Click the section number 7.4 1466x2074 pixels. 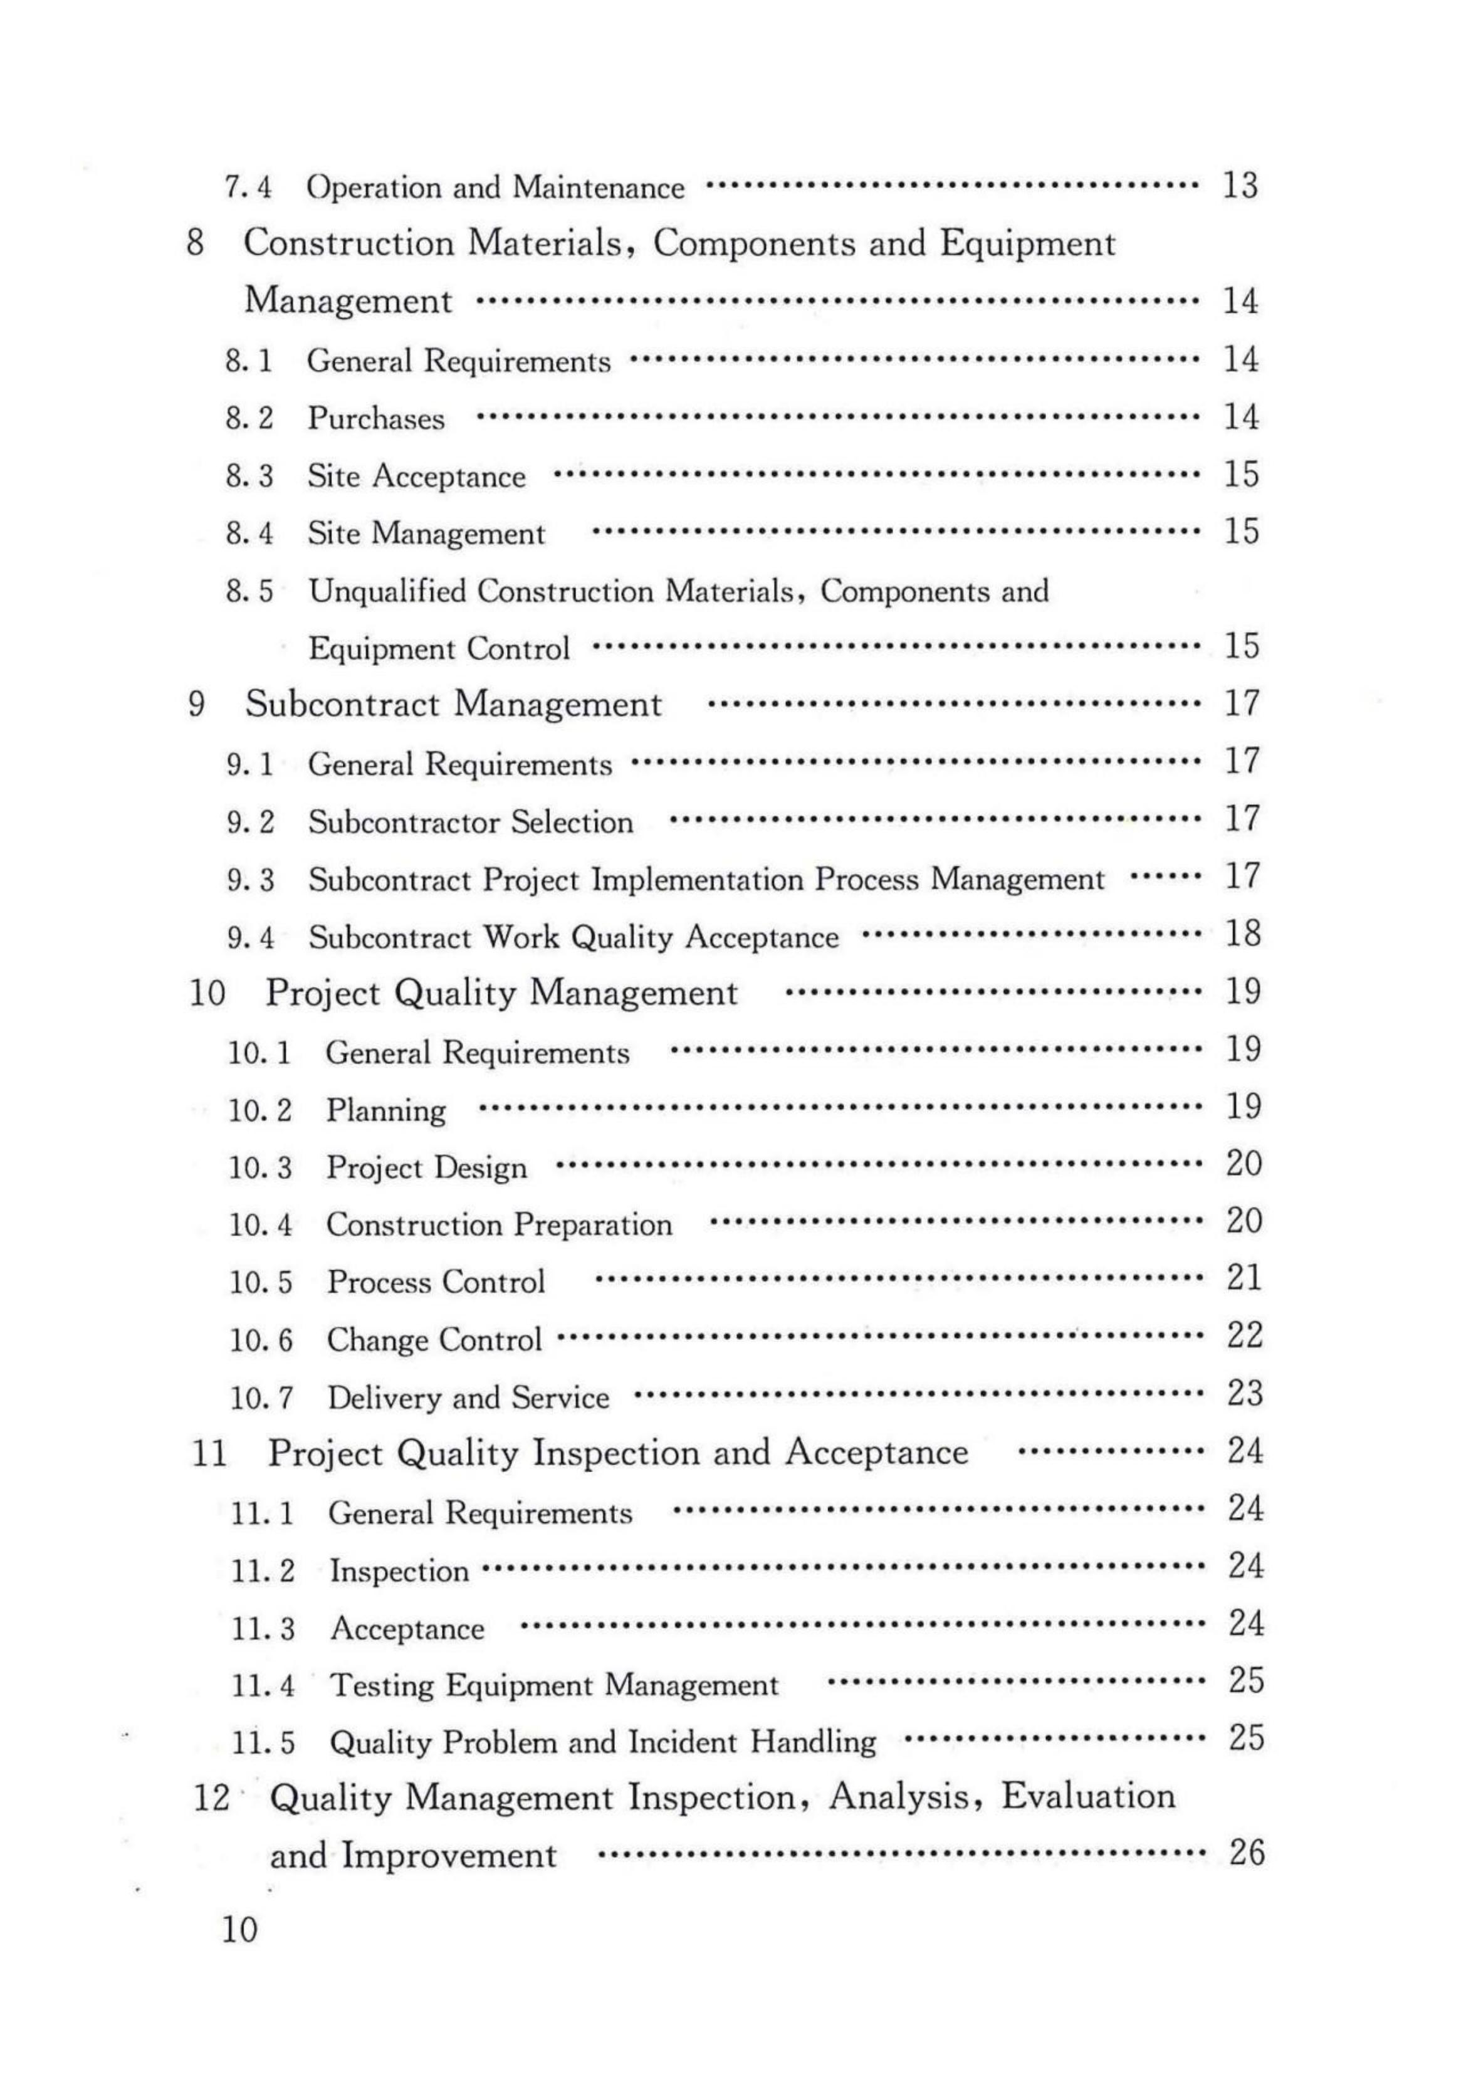pos(248,188)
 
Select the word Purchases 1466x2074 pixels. pos(376,419)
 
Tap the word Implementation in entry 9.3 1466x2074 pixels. pos(696,880)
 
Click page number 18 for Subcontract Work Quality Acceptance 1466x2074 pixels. pos(1242,934)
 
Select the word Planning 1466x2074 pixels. pos(385,1111)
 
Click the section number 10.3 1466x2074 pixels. pos(260,1168)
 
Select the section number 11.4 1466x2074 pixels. pos(263,1685)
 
